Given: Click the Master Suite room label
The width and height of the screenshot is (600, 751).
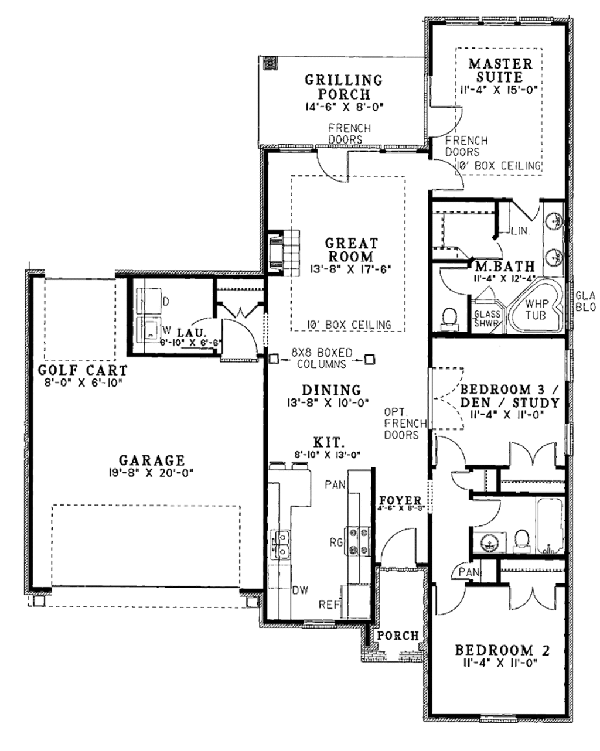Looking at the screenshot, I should (x=500, y=70).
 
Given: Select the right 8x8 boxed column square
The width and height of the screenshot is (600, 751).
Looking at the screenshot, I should (x=369, y=359).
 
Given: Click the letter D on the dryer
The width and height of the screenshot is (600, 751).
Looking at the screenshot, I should (x=165, y=301).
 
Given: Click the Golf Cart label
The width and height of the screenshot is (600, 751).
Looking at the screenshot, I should (x=83, y=370).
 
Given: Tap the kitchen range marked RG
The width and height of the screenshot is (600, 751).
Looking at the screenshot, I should (x=357, y=542).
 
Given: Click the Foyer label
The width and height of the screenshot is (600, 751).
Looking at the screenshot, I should (x=400, y=500).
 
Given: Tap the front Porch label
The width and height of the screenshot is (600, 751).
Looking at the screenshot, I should (x=398, y=636).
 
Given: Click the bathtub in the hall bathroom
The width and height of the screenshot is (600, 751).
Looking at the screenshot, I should (x=550, y=525).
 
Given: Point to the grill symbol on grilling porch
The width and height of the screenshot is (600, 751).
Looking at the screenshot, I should (x=270, y=63).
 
